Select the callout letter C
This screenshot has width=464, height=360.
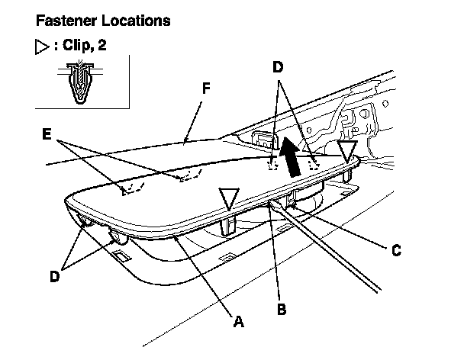(395, 249)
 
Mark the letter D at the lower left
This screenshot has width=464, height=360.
(54, 276)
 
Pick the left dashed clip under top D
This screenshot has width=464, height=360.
(272, 162)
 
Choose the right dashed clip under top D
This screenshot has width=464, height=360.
(312, 162)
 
